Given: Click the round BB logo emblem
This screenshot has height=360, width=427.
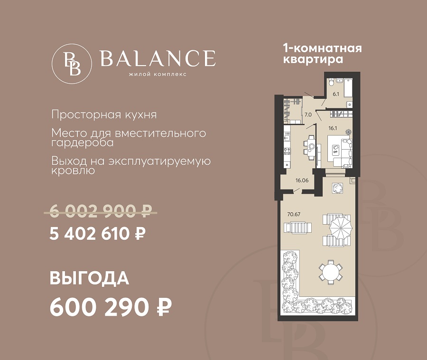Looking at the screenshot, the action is (72, 64).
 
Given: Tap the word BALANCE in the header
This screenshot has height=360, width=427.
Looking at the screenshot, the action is (158, 58).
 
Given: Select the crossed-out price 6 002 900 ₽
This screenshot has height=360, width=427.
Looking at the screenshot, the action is (101, 211).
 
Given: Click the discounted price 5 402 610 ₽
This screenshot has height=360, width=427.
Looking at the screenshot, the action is (97, 234).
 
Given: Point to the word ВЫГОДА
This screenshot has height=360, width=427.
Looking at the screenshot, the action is (89, 278).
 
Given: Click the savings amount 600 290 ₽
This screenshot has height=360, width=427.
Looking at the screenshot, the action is (111, 307).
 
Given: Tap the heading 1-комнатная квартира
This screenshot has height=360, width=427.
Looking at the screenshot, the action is (323, 54).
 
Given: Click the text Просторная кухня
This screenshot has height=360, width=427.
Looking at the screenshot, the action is (104, 114).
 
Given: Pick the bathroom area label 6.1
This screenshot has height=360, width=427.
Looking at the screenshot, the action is (336, 95).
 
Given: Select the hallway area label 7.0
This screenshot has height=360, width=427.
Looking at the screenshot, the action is (308, 115).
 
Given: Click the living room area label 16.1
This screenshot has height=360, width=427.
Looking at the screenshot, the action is (333, 128).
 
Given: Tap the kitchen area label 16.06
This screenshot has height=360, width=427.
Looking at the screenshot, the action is (302, 180).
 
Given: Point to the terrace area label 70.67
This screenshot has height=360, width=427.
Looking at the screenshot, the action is (294, 214).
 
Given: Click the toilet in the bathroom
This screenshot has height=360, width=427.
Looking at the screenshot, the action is (331, 82).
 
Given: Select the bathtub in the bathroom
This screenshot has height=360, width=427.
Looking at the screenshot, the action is (348, 88).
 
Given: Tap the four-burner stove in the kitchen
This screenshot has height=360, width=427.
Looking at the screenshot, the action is (287, 151).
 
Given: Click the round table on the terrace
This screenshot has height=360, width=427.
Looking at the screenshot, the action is (331, 272).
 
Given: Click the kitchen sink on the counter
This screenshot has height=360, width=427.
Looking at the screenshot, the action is (287, 138).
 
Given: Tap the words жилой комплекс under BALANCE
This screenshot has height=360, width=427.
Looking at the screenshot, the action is (158, 74).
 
